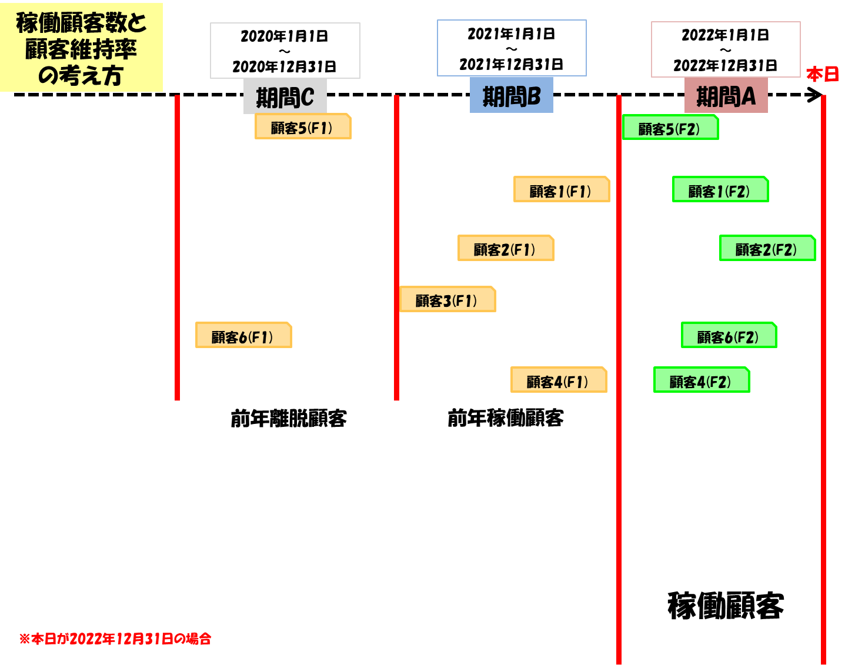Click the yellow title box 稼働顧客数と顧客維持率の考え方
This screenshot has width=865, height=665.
coord(81,48)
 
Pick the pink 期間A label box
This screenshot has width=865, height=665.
coord(726,96)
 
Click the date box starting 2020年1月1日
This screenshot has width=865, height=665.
coord(285,51)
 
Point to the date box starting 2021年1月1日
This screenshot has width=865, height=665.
coord(512,48)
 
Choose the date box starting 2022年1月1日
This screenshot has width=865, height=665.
coord(726,49)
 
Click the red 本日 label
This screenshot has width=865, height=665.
coord(822,75)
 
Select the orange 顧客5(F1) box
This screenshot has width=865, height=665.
coord(303,126)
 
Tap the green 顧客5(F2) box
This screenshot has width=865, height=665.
coord(670,128)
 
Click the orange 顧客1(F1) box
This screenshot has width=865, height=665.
coord(562,189)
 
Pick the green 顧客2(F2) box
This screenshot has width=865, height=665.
coord(767,248)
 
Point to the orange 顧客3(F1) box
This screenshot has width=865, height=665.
coord(447,299)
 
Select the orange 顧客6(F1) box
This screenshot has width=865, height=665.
coord(243,335)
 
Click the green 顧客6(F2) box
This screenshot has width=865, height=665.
coord(729,335)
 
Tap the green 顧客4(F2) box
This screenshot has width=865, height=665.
coord(702,380)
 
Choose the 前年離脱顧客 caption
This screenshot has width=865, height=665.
coord(289,419)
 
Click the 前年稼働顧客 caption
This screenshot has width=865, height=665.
coord(506,419)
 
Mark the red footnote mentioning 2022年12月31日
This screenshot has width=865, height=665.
coord(115,639)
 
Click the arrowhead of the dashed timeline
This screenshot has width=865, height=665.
coord(816,95)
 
